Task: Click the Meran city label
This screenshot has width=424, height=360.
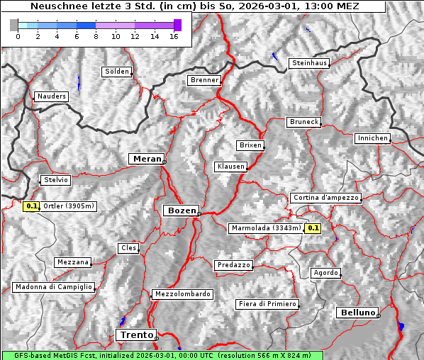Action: pyautogui.click(x=146, y=159)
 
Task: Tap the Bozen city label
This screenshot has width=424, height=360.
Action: pyautogui.click(x=181, y=210)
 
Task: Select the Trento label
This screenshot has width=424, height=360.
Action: pyautogui.click(x=136, y=334)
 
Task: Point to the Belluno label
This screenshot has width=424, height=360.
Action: pyautogui.click(x=357, y=312)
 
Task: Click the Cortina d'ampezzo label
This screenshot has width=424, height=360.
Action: pyautogui.click(x=325, y=198)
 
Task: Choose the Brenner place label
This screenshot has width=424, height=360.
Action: pyautogui.click(x=205, y=80)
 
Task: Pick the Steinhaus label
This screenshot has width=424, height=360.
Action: pyautogui.click(x=309, y=63)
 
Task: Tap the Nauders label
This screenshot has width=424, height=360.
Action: pyautogui.click(x=50, y=96)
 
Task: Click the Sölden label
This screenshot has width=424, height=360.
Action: pyautogui.click(x=117, y=72)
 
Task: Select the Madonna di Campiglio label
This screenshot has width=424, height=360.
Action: pyautogui.click(x=53, y=287)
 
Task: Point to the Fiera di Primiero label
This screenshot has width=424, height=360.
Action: pyautogui.click(x=267, y=304)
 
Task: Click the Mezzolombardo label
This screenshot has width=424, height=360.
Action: pyautogui.click(x=182, y=293)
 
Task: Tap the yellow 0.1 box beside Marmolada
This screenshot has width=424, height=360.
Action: pyautogui.click(x=313, y=228)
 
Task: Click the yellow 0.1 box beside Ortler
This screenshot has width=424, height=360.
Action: pyautogui.click(x=31, y=207)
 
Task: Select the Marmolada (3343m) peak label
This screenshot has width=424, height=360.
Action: pyautogui.click(x=266, y=228)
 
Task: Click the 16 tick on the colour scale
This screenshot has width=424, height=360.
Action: pyautogui.click(x=174, y=35)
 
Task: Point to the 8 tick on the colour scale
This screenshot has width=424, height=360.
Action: pyautogui.click(x=96, y=35)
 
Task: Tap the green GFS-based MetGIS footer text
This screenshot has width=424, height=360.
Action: pyautogui.click(x=162, y=355)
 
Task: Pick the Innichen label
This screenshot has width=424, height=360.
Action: pyautogui.click(x=372, y=138)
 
